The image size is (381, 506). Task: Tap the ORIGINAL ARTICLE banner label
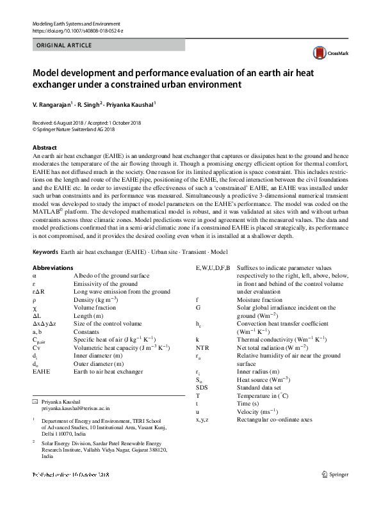point(65,45)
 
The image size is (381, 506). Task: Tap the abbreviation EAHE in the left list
point(41,371)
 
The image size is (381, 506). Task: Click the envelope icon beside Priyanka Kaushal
point(35,400)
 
